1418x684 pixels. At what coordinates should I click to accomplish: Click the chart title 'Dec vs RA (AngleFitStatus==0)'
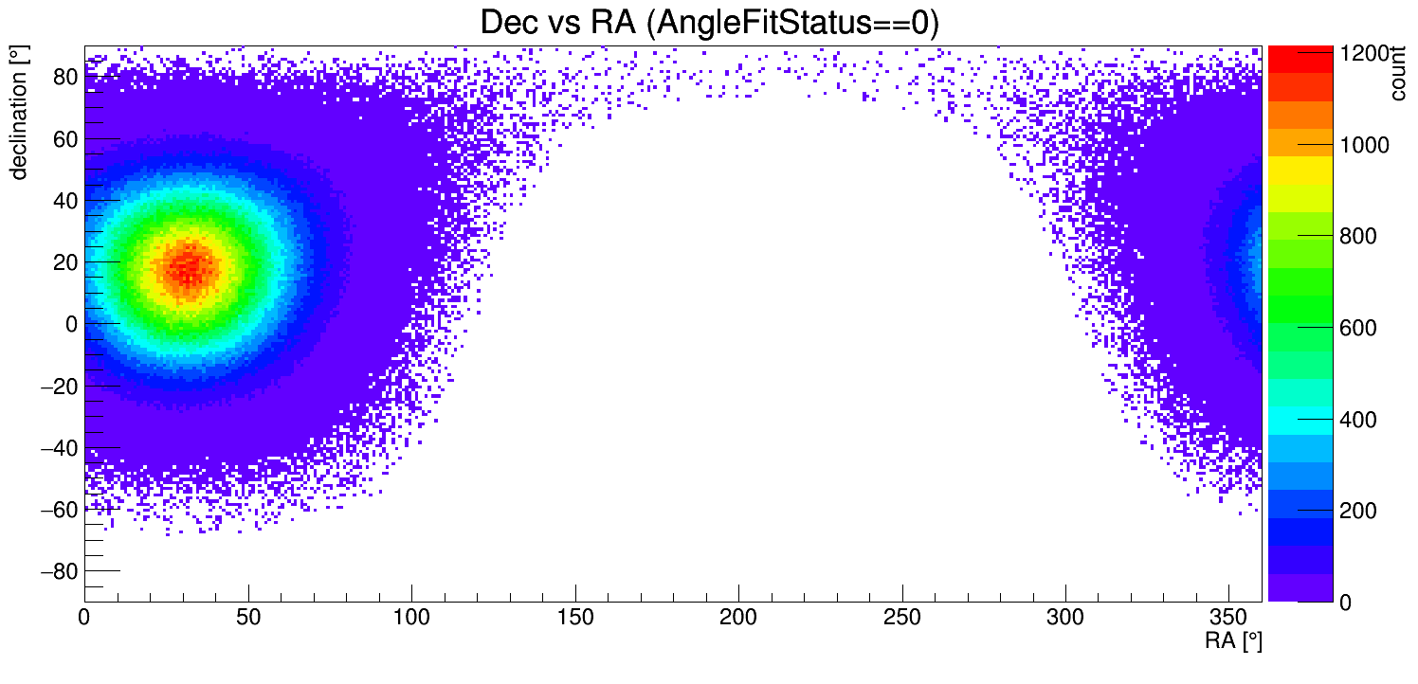click(x=709, y=23)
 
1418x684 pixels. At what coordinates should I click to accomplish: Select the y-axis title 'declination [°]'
click(x=18, y=113)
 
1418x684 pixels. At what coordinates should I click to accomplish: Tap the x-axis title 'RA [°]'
click(x=1232, y=641)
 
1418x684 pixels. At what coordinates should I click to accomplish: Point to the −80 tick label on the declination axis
click(x=56, y=571)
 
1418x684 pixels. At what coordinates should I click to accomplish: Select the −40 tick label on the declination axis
click(x=56, y=447)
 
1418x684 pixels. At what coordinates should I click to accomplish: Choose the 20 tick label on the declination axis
click(x=65, y=262)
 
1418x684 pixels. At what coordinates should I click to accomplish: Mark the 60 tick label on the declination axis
click(x=65, y=139)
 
